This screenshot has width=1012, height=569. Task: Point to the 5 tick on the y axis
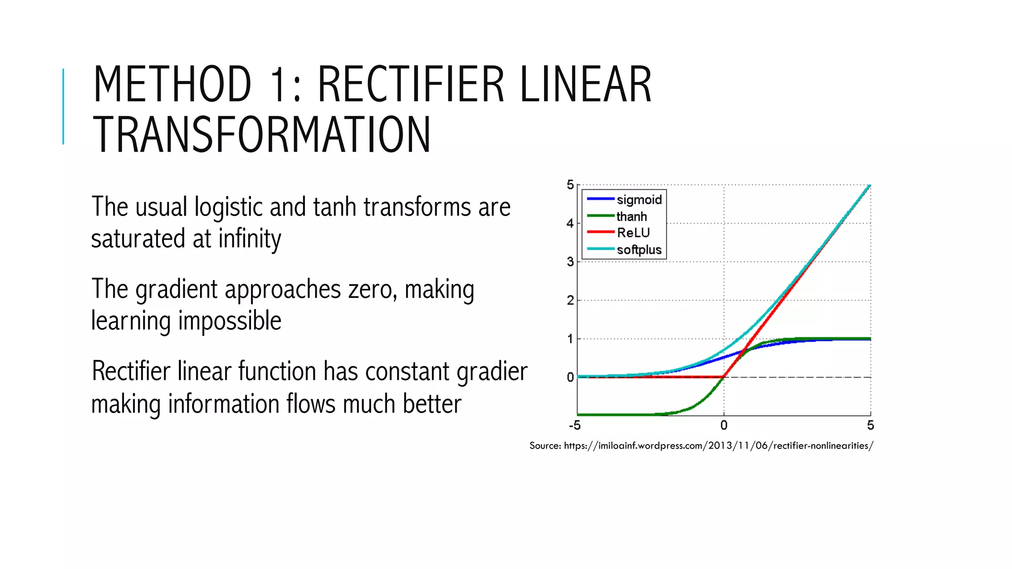pos(570,185)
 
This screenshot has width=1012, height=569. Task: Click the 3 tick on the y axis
pos(570,262)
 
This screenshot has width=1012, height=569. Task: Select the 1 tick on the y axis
pos(570,339)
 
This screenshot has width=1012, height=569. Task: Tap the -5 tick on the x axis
pos(575,425)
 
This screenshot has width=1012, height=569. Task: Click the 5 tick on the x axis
pos(870,425)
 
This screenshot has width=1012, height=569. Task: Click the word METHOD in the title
pos(172,84)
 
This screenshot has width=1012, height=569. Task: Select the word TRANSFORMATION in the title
pos(261,135)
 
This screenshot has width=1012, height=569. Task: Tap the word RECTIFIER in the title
pos(411,84)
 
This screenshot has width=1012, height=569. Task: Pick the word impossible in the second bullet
pos(230,322)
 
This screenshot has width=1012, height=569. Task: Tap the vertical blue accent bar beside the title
pos(63,106)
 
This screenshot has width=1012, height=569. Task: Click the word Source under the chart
pos(545,446)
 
